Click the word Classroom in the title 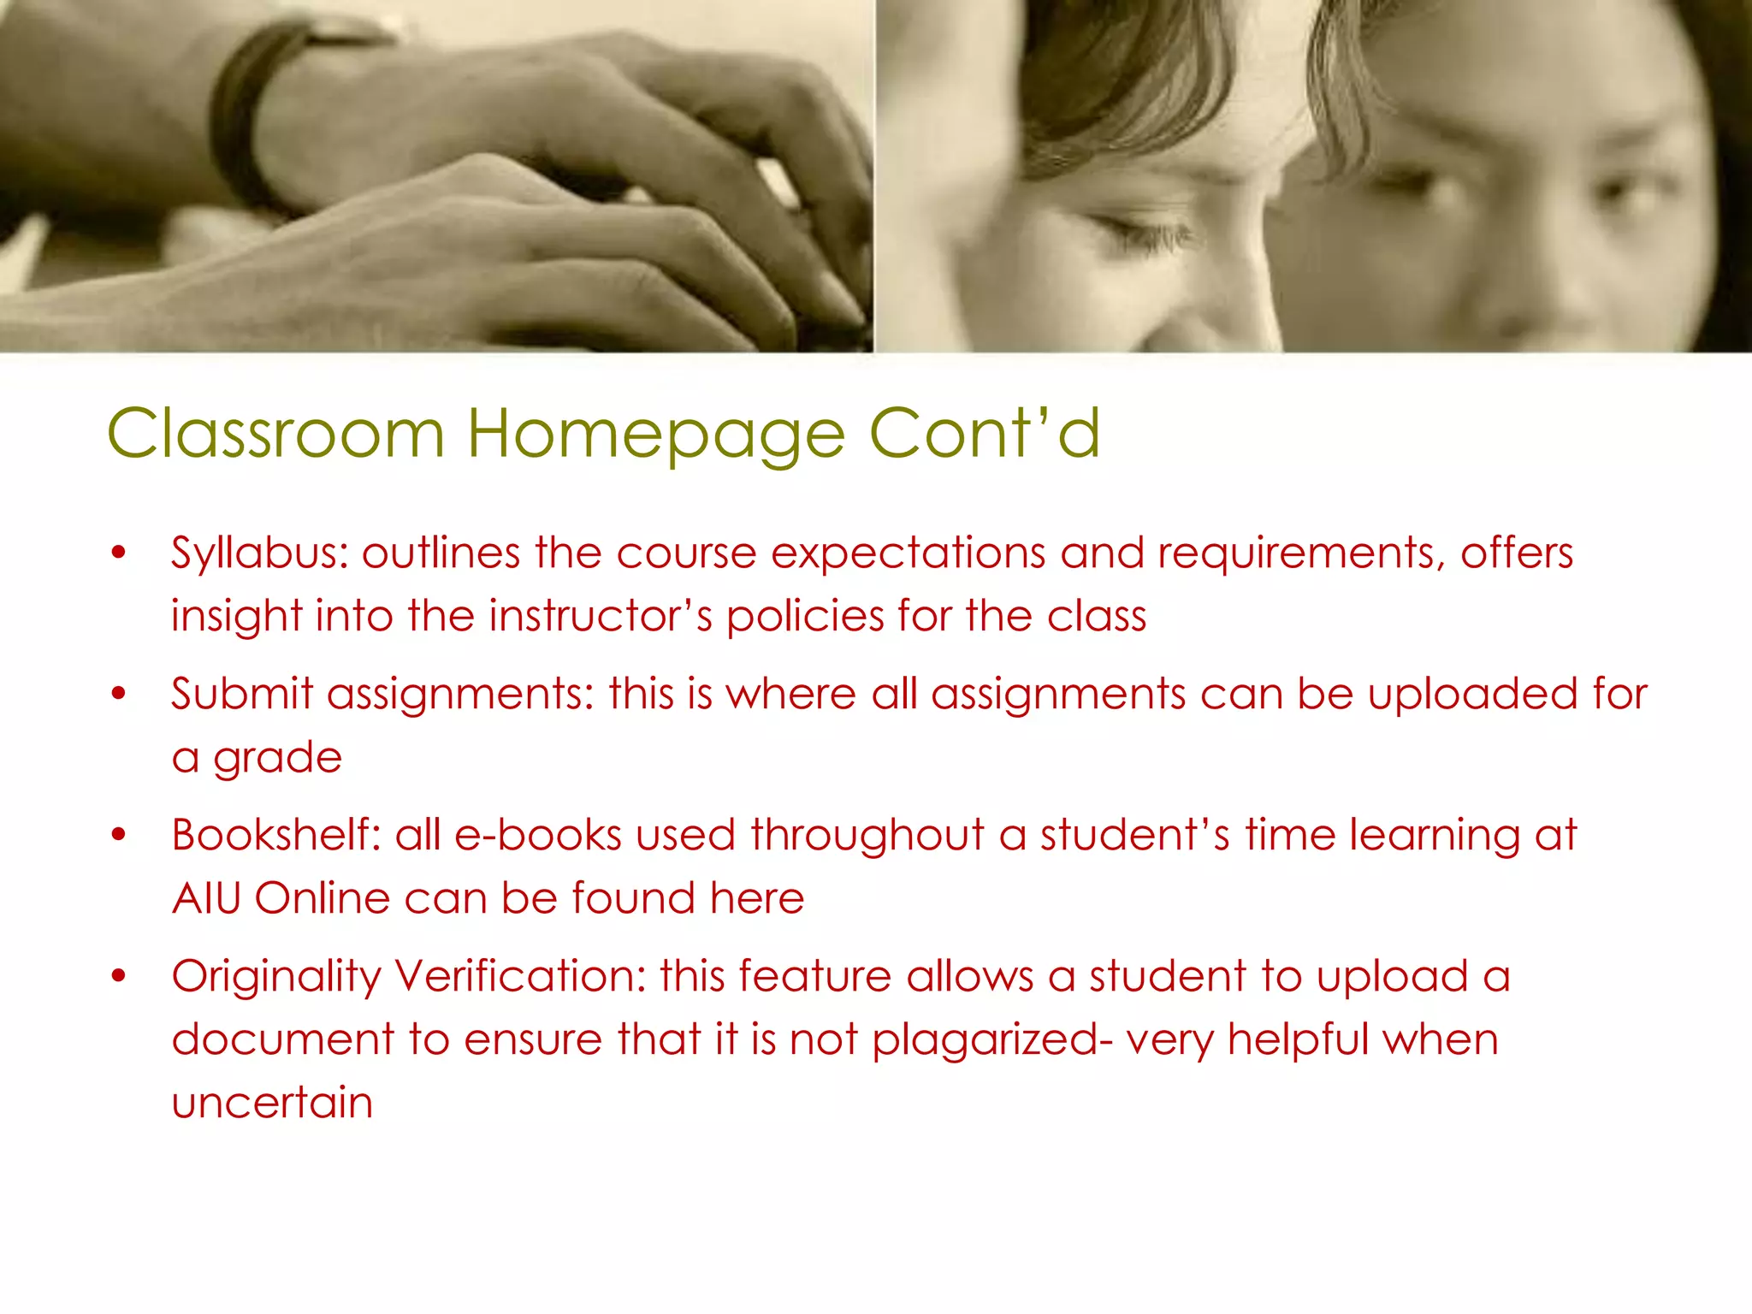pyautogui.click(x=275, y=433)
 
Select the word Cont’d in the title pyautogui.click(x=985, y=433)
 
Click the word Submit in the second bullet pyautogui.click(x=242, y=694)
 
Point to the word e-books pyautogui.click(x=538, y=835)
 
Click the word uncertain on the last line pyautogui.click(x=272, y=1103)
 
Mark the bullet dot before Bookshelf pyautogui.click(x=118, y=834)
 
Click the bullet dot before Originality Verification pyautogui.click(x=118, y=975)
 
